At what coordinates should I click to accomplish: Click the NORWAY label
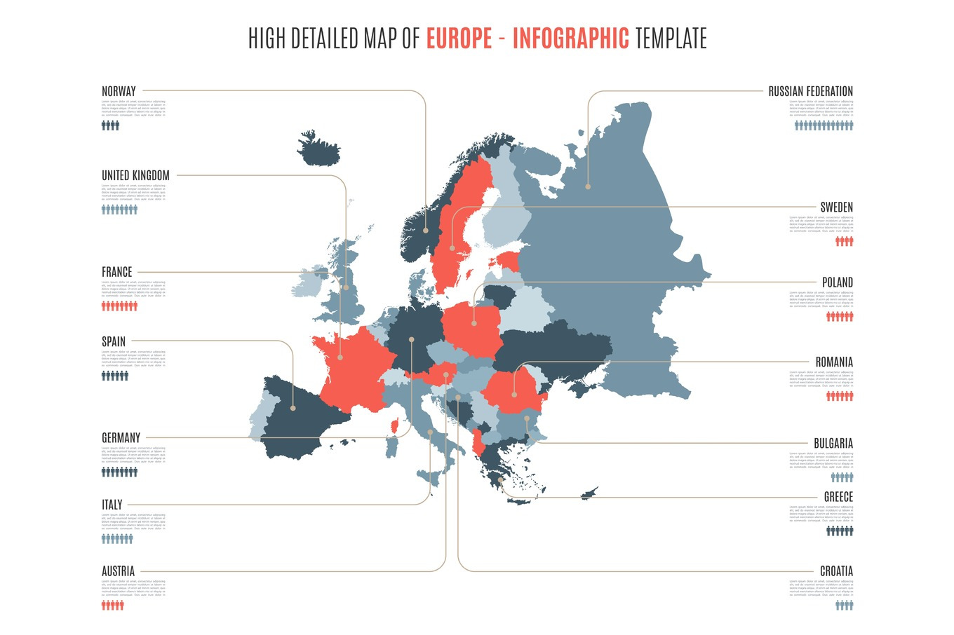[119, 91]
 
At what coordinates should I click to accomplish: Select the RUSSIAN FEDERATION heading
[810, 91]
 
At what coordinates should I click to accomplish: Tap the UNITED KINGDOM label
[135, 175]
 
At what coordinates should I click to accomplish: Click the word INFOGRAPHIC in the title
[570, 38]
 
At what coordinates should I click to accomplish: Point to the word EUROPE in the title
[459, 38]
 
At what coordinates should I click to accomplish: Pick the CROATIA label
[836, 571]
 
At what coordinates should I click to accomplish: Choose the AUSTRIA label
[118, 571]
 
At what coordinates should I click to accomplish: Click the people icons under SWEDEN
[844, 241]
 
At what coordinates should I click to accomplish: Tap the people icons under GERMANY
[119, 472]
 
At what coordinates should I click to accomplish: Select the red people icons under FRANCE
[119, 306]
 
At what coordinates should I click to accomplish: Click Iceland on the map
[319, 149]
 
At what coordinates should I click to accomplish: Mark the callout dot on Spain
[293, 407]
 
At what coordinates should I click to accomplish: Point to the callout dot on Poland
[474, 323]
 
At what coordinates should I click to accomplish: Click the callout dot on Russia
[588, 186]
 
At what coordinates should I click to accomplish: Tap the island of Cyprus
[589, 493]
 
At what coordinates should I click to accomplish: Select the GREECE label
[838, 497]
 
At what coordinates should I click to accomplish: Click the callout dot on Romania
[514, 394]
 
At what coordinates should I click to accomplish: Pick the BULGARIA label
[833, 443]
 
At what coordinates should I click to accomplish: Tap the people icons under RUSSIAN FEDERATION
[824, 125]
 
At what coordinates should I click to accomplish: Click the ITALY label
[112, 505]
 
